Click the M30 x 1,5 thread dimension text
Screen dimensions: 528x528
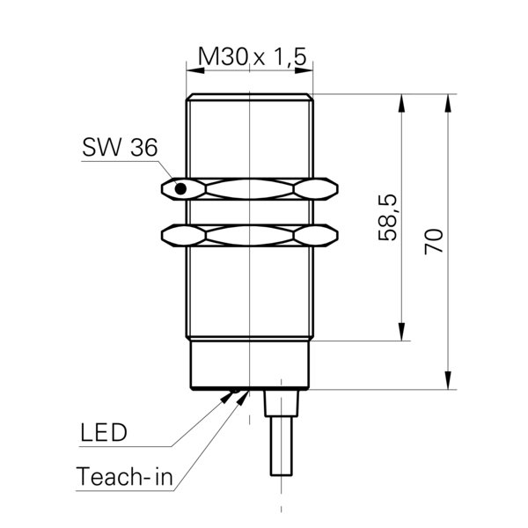[253, 56]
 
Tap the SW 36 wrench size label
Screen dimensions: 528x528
[120, 147]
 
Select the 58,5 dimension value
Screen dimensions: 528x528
[388, 217]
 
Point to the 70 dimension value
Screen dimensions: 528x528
[434, 241]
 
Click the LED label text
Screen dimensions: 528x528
[104, 432]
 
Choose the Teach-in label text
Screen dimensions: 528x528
[124, 476]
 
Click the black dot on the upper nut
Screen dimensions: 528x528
[180, 189]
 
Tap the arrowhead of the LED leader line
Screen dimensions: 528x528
[226, 397]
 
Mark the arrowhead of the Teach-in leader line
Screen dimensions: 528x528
[242, 398]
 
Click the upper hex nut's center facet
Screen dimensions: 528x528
[250, 189]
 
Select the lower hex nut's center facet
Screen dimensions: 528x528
[250, 235]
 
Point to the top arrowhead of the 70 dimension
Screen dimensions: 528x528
[448, 103]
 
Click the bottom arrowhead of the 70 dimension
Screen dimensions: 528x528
[448, 380]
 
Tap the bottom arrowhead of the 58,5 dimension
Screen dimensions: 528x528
[401, 332]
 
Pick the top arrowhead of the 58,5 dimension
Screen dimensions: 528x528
[401, 103]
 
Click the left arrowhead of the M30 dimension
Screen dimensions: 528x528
[195, 70]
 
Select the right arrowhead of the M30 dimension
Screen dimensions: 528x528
[304, 70]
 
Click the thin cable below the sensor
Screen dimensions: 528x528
[282, 446]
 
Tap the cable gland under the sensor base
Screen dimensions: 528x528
[282, 403]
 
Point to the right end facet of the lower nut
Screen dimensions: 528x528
[316, 235]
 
